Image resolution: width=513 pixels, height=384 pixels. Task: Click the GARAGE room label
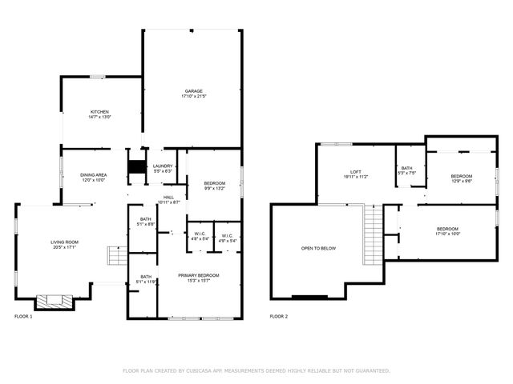pos(193,91)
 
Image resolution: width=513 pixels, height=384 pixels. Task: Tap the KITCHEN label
pos(99,111)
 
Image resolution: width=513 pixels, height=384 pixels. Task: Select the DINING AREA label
pos(93,175)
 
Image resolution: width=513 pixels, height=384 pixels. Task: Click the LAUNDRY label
pos(163,166)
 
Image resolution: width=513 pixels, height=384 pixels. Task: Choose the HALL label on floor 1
pos(168,197)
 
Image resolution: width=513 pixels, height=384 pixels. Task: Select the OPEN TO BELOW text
pos(318,249)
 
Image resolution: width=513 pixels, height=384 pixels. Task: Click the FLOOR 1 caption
pos(24,317)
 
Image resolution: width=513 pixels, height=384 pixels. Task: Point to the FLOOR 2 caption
pos(279,317)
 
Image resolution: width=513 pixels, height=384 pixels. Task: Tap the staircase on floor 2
pos(373,234)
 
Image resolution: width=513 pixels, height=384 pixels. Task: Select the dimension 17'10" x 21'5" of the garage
pos(193,97)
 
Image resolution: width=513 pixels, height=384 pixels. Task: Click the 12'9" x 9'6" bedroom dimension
pos(461,181)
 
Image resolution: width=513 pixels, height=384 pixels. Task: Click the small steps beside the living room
pos(117,257)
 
